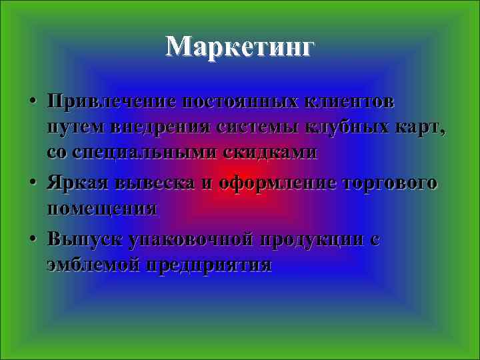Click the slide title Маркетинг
tap(239, 47)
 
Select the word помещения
tap(102, 208)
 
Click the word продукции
tap(307, 239)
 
